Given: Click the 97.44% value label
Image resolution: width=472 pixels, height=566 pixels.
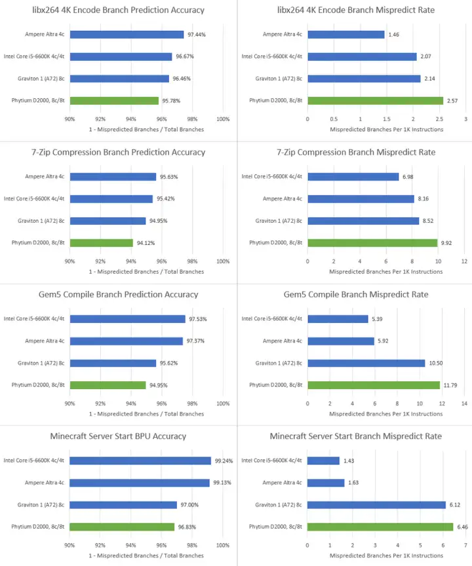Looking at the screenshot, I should tap(196, 34).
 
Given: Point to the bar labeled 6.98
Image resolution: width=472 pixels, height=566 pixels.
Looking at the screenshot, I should tap(353, 177).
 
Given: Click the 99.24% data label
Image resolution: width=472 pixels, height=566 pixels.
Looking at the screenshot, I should tap(222, 461).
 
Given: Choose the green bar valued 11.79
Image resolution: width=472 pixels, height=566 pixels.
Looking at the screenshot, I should tap(374, 385).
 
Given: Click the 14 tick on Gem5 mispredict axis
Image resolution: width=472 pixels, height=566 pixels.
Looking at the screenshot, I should tap(463, 404).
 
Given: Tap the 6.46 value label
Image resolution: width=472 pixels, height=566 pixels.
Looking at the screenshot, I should tap(463, 527).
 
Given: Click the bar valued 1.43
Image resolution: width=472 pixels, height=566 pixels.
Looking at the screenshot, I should tap(323, 461).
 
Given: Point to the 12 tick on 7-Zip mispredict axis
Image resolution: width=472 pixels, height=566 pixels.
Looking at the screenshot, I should tap(463, 261).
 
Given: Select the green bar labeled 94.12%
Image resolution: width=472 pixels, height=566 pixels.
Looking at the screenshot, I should tap(102, 242).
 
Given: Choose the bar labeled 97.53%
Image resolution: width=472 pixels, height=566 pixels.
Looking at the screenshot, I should tap(127, 319).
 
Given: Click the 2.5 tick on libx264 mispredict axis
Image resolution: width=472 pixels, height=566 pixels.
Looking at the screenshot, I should tap(439, 119).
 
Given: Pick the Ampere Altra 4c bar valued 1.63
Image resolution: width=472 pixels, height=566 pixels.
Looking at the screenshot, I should tap(326, 483).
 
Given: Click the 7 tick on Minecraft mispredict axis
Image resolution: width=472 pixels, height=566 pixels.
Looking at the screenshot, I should tap(463, 545).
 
